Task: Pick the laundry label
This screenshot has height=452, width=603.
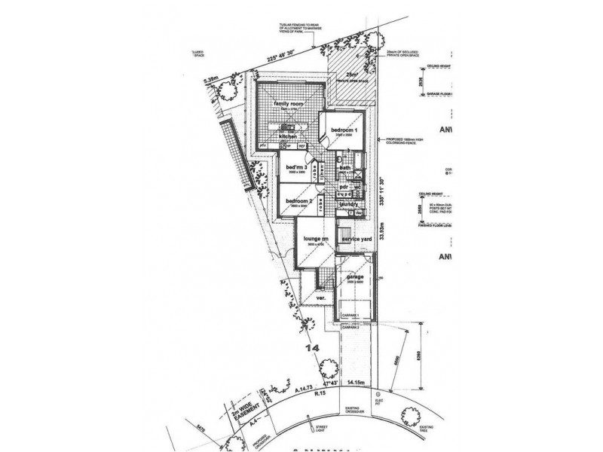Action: pos(349,203)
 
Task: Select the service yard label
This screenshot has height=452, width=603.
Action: pos(357,239)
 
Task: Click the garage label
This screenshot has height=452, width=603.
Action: pos(354,276)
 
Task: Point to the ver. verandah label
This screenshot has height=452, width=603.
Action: pos(320,297)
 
